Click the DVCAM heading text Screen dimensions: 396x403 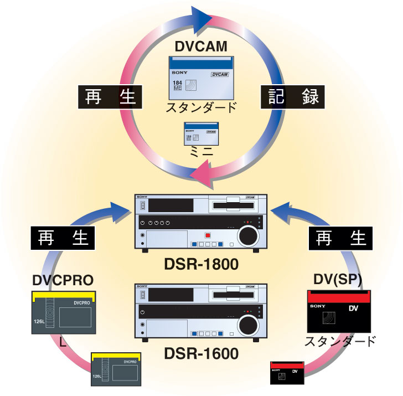(201, 47)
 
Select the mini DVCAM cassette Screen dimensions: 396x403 (201, 132)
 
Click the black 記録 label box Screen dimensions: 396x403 (292, 97)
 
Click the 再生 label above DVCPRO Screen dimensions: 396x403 (64, 238)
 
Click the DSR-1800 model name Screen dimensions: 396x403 (201, 265)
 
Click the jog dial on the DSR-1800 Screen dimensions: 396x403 (249, 236)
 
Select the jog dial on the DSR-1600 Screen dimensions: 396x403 (249, 323)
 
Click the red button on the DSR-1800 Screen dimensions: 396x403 (208, 235)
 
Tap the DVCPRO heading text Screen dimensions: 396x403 (61, 280)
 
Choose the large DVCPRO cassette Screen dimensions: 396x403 (64, 313)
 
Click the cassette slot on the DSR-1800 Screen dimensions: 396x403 (234, 206)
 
